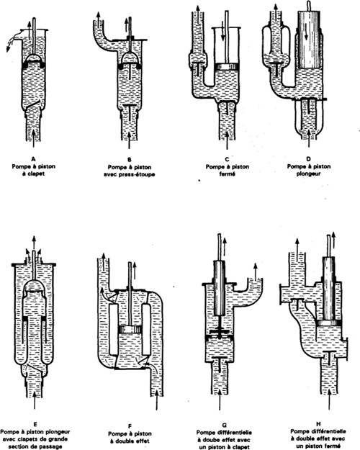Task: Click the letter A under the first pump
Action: pyautogui.click(x=34, y=159)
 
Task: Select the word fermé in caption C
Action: pyautogui.click(x=228, y=174)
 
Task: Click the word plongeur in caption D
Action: pyautogui.click(x=309, y=174)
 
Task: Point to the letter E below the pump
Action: pyautogui.click(x=35, y=425)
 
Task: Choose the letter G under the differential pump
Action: pyautogui.click(x=225, y=426)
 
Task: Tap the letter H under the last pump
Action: pyautogui.click(x=318, y=424)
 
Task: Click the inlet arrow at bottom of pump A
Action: pyautogui.click(x=34, y=138)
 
